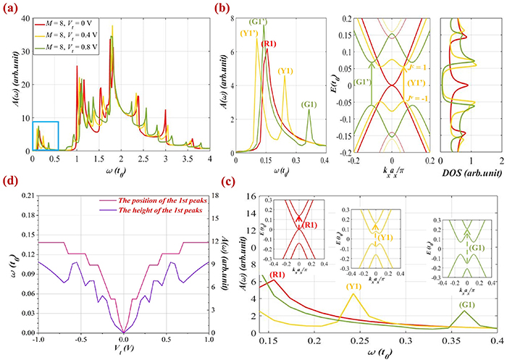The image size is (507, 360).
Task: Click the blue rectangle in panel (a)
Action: pyautogui.click(x=45, y=135)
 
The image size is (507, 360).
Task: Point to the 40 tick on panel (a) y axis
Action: pyautogui.click(x=25, y=17)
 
